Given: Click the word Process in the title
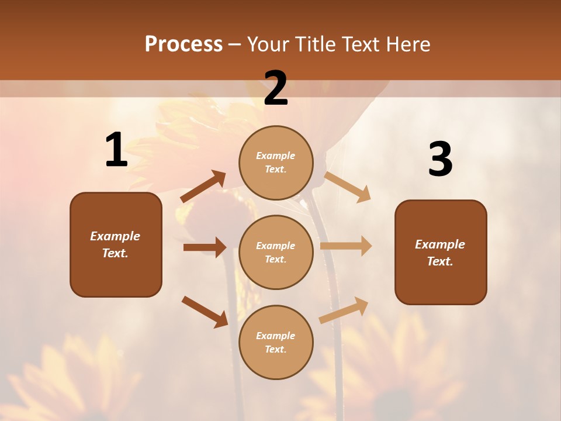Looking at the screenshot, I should [183, 44].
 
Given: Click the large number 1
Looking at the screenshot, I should [116, 150].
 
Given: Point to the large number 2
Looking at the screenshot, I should [276, 88].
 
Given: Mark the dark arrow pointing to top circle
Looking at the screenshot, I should [203, 187].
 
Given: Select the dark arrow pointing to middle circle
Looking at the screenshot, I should [205, 247].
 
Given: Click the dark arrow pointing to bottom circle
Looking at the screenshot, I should [205, 312].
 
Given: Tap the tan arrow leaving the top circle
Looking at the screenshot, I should [348, 187].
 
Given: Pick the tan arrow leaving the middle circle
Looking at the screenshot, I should [346, 246].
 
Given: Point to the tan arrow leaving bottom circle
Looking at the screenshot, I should [344, 310].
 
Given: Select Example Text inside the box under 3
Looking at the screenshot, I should [440, 253].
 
